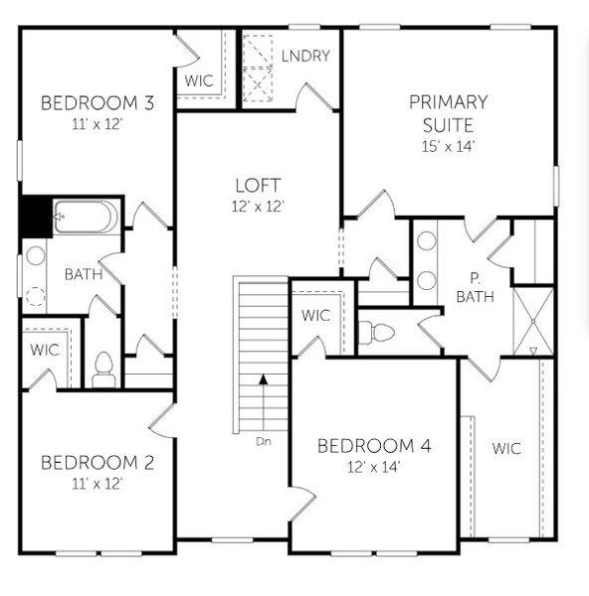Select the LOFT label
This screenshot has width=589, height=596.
click(258, 185)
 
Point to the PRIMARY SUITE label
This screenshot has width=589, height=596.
click(448, 113)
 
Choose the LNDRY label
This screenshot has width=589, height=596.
click(304, 56)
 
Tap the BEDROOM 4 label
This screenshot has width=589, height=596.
click(374, 446)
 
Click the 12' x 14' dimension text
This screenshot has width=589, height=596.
click(374, 467)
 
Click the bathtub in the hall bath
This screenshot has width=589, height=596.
click(87, 216)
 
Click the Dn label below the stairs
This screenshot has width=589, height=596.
click(263, 441)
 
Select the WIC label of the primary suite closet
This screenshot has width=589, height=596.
click(506, 448)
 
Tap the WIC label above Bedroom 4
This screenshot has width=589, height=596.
click(316, 316)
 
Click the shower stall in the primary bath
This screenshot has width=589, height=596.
click(533, 320)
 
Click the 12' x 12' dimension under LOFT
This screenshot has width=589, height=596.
click(260, 207)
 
